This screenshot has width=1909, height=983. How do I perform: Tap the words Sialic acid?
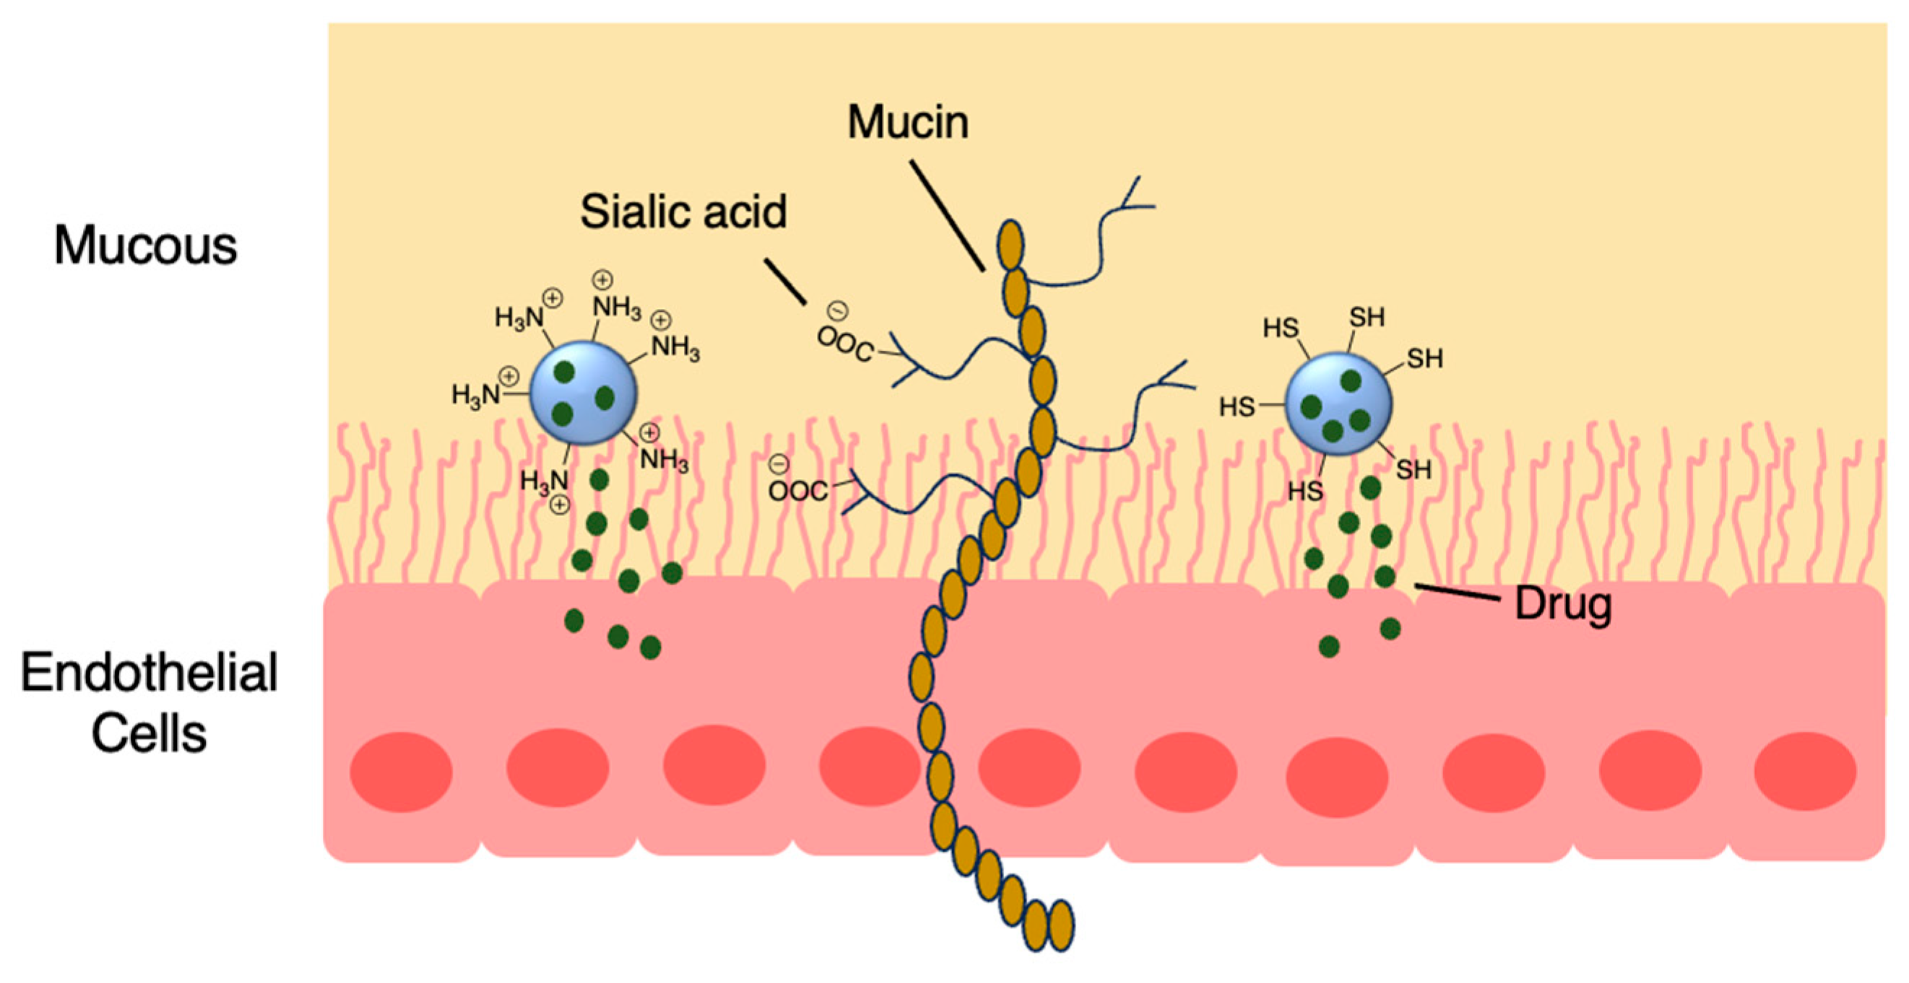[683, 212]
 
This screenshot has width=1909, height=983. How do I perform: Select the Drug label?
[1563, 603]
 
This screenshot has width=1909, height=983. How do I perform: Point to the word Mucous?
[145, 245]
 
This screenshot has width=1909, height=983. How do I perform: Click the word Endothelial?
[149, 673]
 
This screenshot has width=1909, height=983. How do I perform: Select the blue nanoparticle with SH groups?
[1338, 403]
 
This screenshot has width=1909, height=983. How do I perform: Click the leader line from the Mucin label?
[947, 216]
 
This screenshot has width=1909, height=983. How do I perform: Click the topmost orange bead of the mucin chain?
[1010, 245]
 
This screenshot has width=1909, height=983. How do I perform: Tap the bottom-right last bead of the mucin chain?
[1061, 925]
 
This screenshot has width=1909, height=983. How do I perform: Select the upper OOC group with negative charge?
[845, 342]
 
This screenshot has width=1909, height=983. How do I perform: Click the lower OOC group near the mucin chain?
[797, 489]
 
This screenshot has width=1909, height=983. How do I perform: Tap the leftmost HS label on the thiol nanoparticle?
[1237, 406]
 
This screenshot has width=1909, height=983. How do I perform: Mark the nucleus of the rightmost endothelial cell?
[1805, 771]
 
